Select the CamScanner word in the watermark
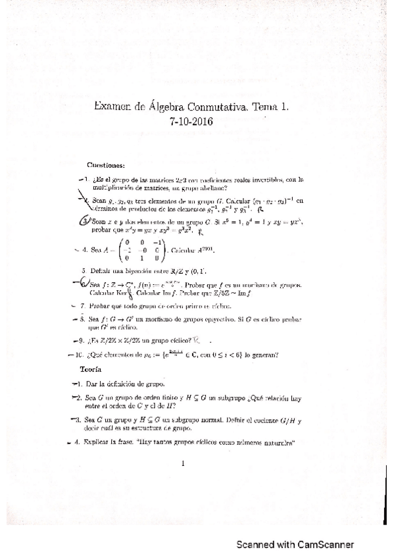[324, 545]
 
